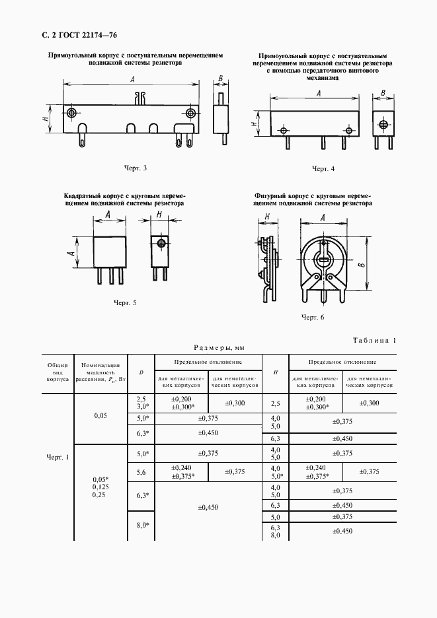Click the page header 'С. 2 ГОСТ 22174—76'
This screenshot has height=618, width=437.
(x=74, y=35)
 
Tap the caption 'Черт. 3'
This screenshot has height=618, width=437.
(x=135, y=168)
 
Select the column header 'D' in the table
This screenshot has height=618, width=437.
(x=141, y=372)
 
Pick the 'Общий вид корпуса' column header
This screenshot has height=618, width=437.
(x=58, y=372)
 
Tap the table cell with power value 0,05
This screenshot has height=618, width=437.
(x=100, y=415)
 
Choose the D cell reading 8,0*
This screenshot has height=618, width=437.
(x=141, y=525)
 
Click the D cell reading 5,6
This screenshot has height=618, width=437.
(x=141, y=471)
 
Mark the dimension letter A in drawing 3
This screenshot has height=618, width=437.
(x=134, y=80)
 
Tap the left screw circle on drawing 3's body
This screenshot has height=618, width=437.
(x=71, y=114)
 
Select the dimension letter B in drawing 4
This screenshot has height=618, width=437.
(x=381, y=92)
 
